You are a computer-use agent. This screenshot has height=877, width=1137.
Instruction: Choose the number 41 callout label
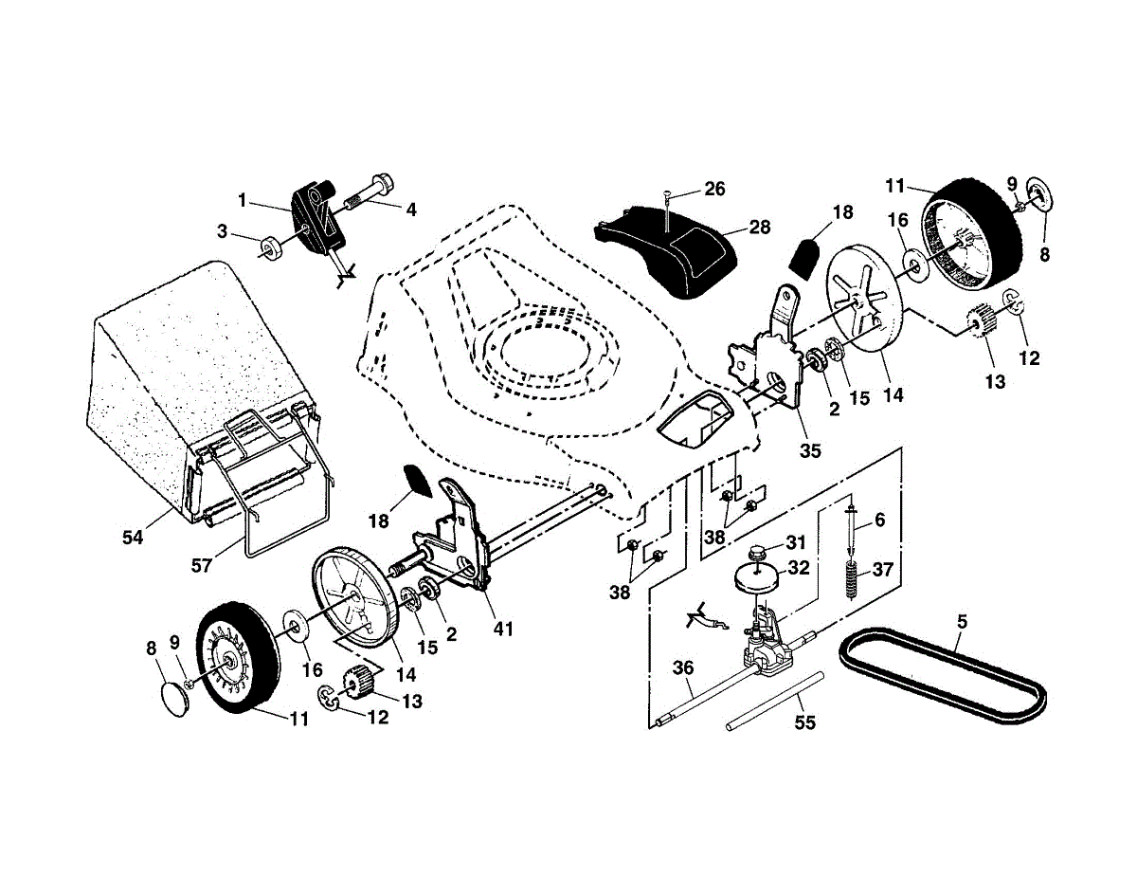(x=502, y=629)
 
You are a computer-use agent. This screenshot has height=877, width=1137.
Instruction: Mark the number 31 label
(x=795, y=542)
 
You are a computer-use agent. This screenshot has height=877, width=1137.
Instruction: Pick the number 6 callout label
(x=879, y=521)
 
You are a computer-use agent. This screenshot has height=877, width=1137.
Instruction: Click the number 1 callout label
(x=243, y=200)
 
